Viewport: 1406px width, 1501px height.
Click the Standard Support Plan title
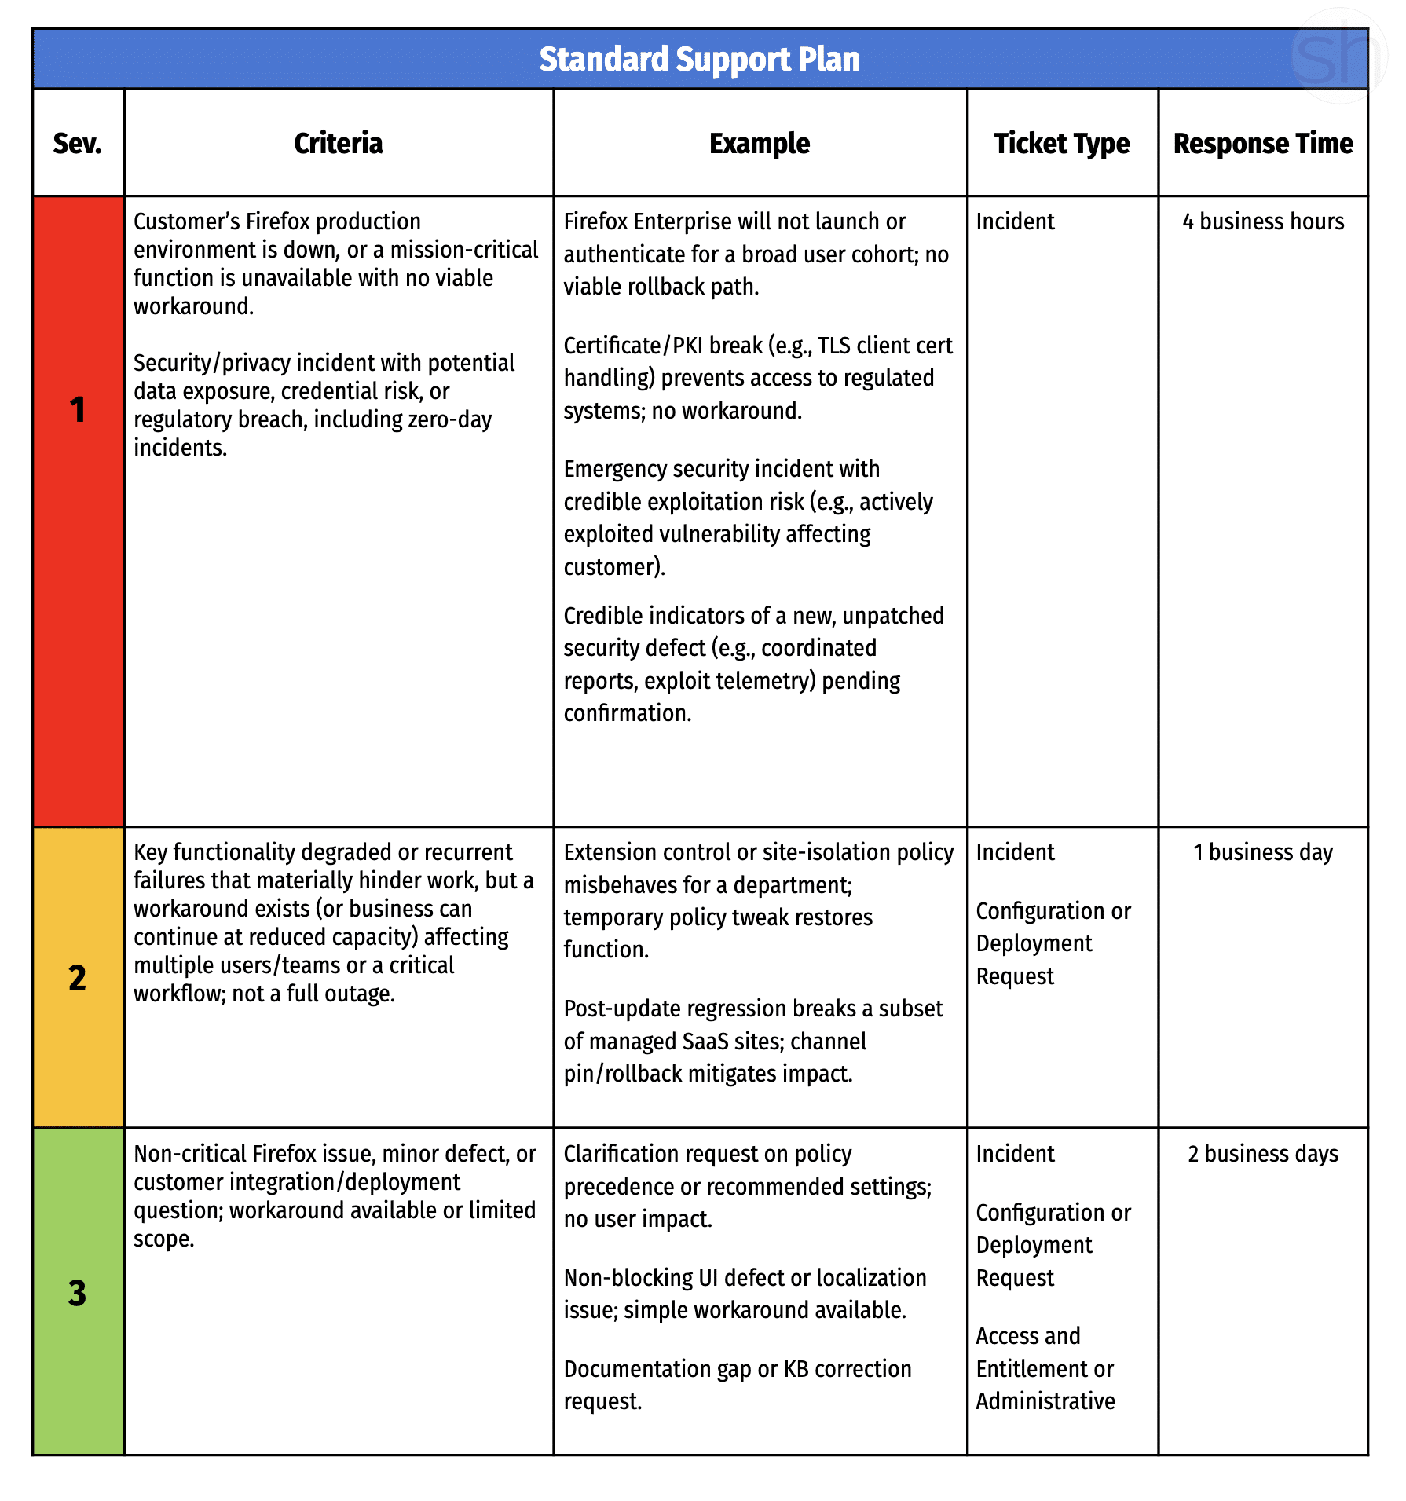pyautogui.click(x=699, y=60)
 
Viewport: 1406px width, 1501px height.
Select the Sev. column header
pyautogui.click(x=77, y=144)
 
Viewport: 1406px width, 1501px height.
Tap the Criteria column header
pyautogui.click(x=338, y=144)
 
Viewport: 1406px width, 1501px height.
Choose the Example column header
pyautogui.click(x=760, y=144)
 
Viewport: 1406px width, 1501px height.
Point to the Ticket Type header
pyautogui.click(x=1062, y=144)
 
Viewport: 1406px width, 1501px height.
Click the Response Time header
pyautogui.click(x=1263, y=144)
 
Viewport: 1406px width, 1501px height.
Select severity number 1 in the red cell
pyautogui.click(x=77, y=410)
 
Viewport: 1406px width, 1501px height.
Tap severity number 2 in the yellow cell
pyautogui.click(x=77, y=978)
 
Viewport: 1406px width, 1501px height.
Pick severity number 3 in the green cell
pyautogui.click(x=77, y=1293)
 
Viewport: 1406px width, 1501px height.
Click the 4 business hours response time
pyautogui.click(x=1263, y=221)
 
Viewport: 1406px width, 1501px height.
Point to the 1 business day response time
pyautogui.click(x=1263, y=852)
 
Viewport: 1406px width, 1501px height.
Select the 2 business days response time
pyautogui.click(x=1263, y=1154)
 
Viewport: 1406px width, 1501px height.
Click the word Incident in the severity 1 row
pyautogui.click(x=1015, y=221)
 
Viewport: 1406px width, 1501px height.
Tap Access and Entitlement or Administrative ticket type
pyautogui.click(x=1045, y=1368)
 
